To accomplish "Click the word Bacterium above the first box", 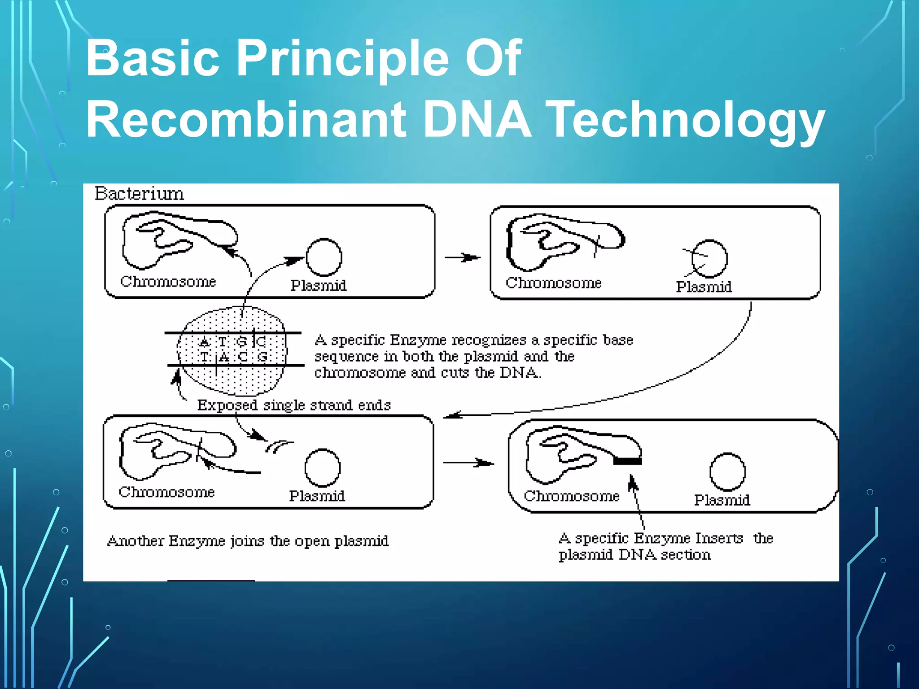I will coord(139,194).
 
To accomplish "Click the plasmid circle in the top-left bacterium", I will coord(324,257).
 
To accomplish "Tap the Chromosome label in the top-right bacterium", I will coord(553,283).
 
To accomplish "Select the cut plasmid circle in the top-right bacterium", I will coord(709,259).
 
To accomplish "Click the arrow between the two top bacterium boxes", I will coord(462,258).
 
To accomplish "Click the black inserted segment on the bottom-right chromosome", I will coord(627,461).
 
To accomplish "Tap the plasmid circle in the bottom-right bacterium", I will coord(727,472).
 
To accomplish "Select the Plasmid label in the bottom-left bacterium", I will coord(317,496).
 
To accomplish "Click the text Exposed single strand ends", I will coord(294,405).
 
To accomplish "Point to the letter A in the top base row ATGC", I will coord(204,342).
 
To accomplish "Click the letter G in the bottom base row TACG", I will coord(263,357).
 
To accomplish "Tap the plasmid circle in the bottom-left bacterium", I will coord(322,468).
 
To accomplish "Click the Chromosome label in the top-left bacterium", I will coord(168,282).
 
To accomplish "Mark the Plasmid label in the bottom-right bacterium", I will coord(722,500).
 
